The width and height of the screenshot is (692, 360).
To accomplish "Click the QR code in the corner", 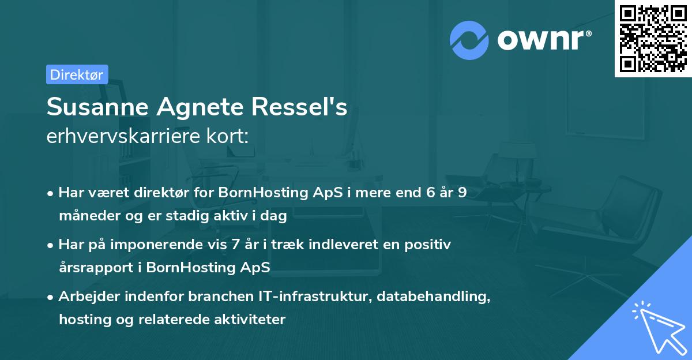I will point(653,39).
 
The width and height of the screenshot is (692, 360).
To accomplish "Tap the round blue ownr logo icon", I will point(469,40).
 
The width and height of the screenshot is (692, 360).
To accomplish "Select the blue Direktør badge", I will point(77,74).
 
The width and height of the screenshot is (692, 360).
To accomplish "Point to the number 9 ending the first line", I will point(462,193).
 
